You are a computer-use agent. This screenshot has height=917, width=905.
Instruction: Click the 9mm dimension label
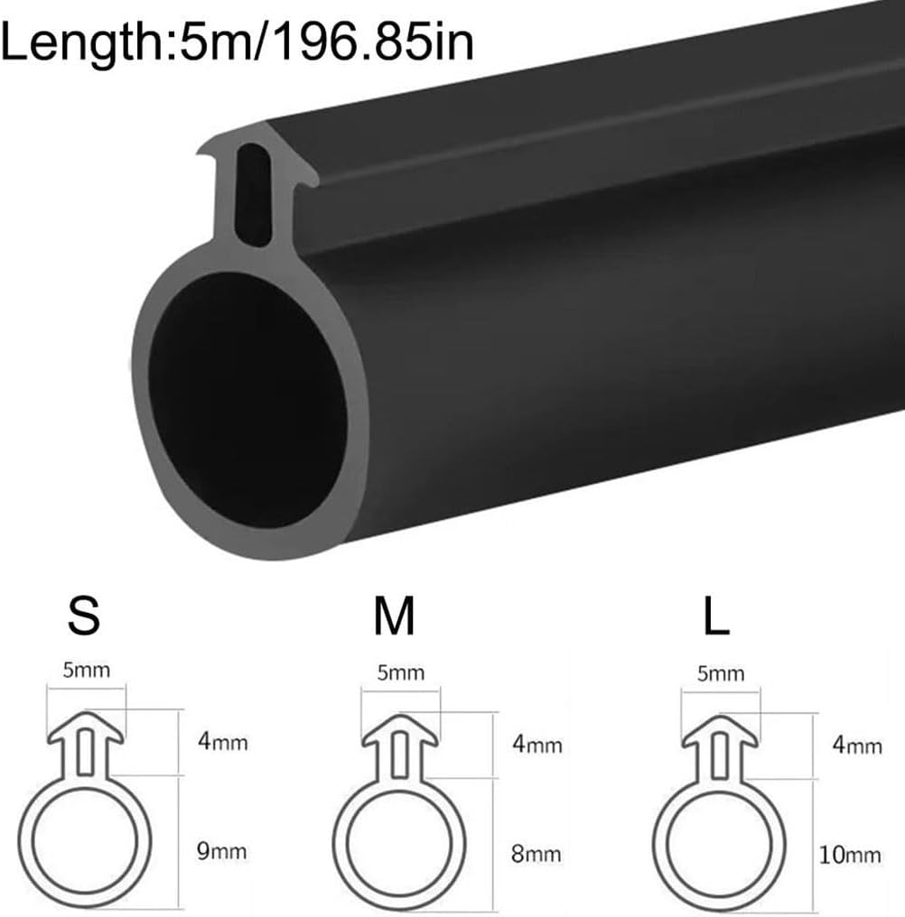tap(221, 851)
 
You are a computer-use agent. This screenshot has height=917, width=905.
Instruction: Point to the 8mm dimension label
tap(536, 854)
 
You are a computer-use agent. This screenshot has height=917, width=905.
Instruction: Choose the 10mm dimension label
tap(850, 855)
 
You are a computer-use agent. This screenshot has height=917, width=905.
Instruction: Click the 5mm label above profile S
tap(86, 671)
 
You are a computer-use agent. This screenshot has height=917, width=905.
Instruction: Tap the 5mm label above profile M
tap(400, 673)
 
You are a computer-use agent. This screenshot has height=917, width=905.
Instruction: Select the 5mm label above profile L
tap(721, 674)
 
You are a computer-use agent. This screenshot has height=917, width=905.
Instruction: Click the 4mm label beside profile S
tap(221, 743)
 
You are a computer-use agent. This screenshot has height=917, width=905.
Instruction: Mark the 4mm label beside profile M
tap(536, 745)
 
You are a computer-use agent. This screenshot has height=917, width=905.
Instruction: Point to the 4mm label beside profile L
tap(856, 746)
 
